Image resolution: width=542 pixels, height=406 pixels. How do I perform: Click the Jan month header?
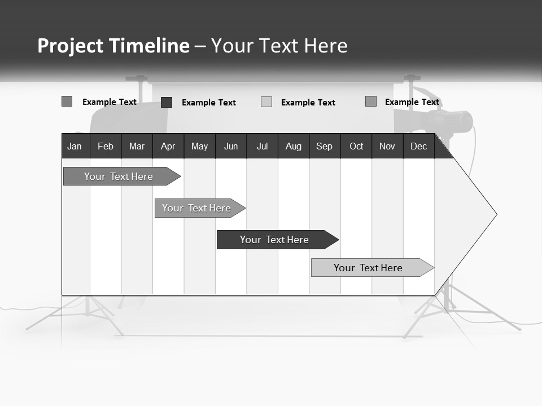point(75,146)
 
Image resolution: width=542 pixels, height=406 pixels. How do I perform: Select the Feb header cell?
point(106,146)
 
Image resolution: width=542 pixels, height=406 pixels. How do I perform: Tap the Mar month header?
point(137,146)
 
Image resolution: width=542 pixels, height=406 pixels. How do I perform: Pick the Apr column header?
point(168,146)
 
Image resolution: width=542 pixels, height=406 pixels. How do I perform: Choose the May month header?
point(199,146)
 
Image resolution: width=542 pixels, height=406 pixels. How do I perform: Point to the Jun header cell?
point(231,146)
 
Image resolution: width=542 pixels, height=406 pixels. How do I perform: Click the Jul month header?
point(262,146)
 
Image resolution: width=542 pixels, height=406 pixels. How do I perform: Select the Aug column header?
point(294,146)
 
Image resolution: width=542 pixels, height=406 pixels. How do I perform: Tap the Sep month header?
point(325,146)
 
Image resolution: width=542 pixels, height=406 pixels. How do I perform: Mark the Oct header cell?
point(356,146)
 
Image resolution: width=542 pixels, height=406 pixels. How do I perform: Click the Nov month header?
point(387,146)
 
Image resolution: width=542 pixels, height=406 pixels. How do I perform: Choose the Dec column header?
point(419,146)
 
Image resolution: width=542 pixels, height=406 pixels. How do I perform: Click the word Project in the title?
point(71,46)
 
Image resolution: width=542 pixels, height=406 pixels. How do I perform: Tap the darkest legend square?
point(167,102)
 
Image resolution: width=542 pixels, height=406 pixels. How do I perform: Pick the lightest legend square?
point(266,102)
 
